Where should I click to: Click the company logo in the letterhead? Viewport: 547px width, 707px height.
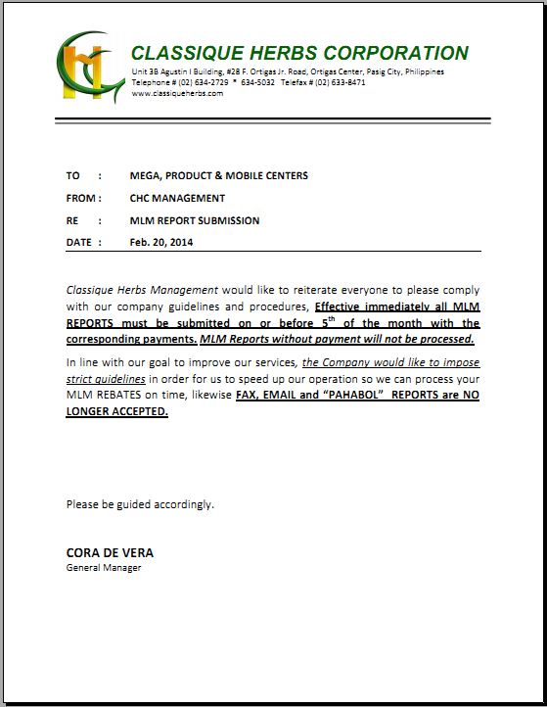click(x=90, y=67)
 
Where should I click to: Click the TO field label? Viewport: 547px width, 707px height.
click(x=73, y=175)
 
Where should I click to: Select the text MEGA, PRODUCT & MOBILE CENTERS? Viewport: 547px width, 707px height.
click(x=218, y=175)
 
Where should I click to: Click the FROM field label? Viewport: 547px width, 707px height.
click(x=81, y=198)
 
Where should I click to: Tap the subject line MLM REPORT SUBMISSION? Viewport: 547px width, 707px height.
click(x=194, y=220)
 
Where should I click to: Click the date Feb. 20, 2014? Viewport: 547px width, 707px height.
click(x=161, y=242)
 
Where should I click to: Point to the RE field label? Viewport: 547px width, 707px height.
click(x=72, y=220)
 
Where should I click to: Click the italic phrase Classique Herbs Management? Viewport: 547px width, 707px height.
click(x=141, y=291)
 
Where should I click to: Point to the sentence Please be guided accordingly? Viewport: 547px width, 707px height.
click(x=140, y=504)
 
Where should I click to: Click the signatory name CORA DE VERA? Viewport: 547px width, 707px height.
click(x=110, y=552)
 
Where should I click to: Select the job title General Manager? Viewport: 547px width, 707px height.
click(x=104, y=568)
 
